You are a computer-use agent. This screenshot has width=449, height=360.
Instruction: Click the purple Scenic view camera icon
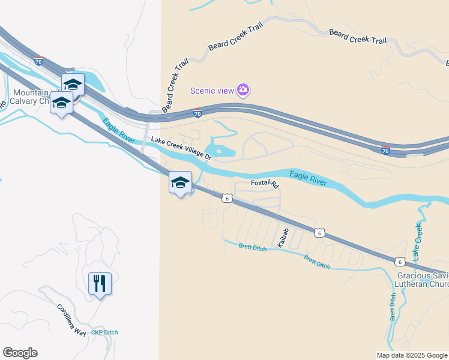(x=243, y=91)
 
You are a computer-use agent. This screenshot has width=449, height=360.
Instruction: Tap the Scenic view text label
(x=211, y=91)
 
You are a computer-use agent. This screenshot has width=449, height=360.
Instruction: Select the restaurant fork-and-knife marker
(x=100, y=283)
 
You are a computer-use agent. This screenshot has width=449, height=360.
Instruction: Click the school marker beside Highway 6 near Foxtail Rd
(x=180, y=182)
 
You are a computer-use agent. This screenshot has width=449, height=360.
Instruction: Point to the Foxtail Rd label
(x=265, y=184)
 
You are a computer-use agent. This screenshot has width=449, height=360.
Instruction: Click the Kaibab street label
(x=284, y=237)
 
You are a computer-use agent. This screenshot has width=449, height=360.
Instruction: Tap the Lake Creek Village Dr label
(x=181, y=148)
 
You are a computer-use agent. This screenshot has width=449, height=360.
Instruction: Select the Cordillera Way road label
(x=71, y=318)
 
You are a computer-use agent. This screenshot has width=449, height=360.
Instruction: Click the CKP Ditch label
(x=104, y=332)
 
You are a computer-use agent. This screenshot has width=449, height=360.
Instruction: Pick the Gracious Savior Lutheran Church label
(x=423, y=280)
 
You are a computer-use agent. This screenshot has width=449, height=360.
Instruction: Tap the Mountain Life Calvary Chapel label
(x=36, y=97)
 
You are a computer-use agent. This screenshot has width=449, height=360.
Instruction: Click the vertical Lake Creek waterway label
(x=418, y=241)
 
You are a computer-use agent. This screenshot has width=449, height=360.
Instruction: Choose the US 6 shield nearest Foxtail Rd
(x=226, y=198)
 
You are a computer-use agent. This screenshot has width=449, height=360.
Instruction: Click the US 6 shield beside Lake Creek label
(x=399, y=261)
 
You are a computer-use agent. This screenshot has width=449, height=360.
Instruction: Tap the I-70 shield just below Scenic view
(x=197, y=113)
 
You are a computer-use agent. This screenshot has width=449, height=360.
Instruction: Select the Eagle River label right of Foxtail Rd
(x=309, y=178)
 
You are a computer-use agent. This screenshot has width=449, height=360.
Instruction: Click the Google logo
(x=20, y=353)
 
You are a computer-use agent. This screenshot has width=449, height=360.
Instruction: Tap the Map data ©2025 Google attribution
(x=412, y=355)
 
